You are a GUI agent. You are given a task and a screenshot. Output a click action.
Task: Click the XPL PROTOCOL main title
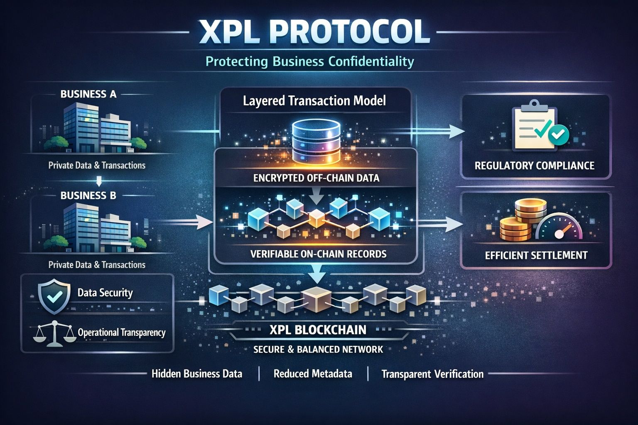tap(314, 32)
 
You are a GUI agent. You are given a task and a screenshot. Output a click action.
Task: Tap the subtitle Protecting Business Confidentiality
tap(310, 62)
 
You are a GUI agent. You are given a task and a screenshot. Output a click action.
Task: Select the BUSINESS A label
tap(88, 94)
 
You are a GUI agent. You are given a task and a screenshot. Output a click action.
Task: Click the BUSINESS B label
tap(88, 195)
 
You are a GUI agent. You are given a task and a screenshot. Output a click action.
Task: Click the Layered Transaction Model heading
tap(314, 100)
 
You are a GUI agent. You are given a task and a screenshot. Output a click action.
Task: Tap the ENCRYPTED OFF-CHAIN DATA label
tap(316, 178)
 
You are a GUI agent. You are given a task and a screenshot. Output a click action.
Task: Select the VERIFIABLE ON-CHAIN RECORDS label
tap(319, 254)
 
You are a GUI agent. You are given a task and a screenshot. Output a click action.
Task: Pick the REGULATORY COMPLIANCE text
tap(535, 166)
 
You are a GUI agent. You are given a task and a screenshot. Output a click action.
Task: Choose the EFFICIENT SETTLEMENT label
tap(536, 255)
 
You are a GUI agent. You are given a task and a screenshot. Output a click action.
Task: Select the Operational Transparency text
tap(122, 332)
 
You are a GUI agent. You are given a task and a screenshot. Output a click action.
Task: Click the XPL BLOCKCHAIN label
tap(318, 330)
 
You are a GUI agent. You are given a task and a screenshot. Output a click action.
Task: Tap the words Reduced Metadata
tap(313, 374)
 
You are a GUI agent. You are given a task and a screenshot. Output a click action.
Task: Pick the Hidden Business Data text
tap(196, 374)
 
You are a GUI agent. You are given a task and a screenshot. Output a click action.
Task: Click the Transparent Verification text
tap(432, 374)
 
